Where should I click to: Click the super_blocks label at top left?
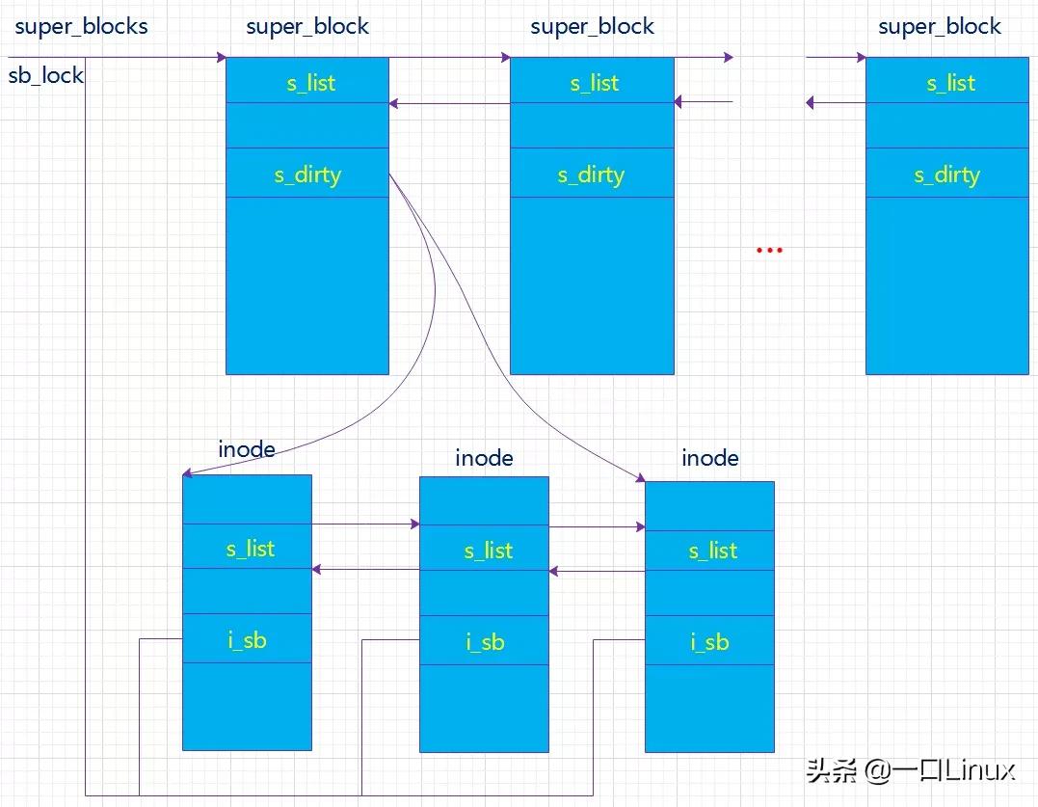[x=81, y=26]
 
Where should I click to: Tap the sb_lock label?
[x=45, y=75]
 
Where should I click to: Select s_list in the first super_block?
[x=310, y=83]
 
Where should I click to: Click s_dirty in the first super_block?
[x=307, y=175]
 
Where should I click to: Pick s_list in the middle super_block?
[x=594, y=83]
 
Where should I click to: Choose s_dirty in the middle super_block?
[x=591, y=175]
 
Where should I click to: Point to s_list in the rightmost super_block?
[x=950, y=83]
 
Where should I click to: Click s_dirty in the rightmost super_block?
[x=946, y=175]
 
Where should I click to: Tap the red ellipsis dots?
[x=769, y=251]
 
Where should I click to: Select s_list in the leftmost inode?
[x=251, y=549]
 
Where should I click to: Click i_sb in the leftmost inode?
[x=248, y=640]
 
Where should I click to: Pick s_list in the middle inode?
[x=488, y=551]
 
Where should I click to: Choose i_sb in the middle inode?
[x=486, y=642]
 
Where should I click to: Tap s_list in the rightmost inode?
[x=712, y=551]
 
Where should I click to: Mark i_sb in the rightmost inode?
[x=710, y=642]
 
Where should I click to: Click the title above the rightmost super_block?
[x=940, y=26]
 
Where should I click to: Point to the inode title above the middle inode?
[x=484, y=458]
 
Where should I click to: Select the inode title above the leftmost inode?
[x=247, y=449]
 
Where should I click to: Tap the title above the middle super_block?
[x=592, y=26]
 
